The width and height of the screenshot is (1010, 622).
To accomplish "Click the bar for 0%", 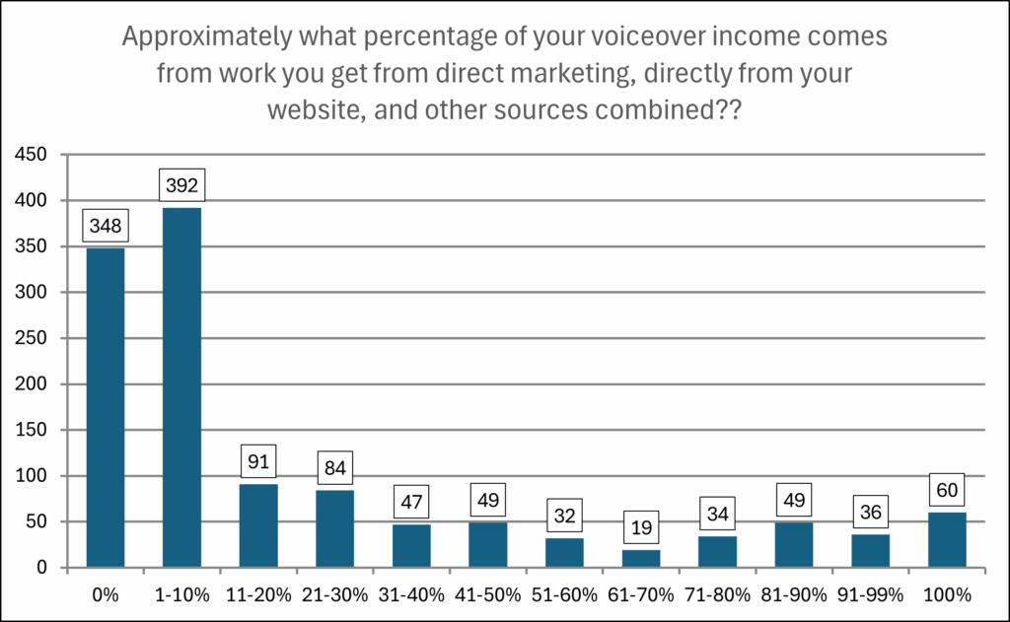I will click(x=106, y=407).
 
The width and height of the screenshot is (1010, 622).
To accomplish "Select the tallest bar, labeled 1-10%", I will click(x=181, y=387).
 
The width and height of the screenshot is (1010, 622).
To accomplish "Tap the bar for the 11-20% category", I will click(x=258, y=525).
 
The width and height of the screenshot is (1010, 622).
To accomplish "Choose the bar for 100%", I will click(x=948, y=539).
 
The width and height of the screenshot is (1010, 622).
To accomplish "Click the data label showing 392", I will click(x=181, y=184).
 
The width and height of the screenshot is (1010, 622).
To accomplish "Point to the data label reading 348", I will click(x=106, y=225).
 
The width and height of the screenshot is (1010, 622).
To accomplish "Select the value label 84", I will click(x=335, y=467).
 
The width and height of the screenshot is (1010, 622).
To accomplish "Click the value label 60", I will click(x=948, y=490).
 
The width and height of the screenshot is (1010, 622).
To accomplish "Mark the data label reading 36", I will click(x=871, y=512).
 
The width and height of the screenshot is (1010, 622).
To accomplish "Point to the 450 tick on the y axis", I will click(x=32, y=155).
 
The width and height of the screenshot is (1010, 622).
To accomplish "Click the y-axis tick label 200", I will click(x=32, y=384).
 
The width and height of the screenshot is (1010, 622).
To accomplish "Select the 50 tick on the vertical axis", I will click(x=37, y=522).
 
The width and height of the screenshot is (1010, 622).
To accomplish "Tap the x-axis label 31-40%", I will click(x=411, y=595).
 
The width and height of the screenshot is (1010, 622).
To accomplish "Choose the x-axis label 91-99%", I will click(x=871, y=595).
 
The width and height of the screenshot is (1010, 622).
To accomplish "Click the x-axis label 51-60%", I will click(x=564, y=595).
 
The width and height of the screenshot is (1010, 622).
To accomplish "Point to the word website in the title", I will click(x=308, y=109).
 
